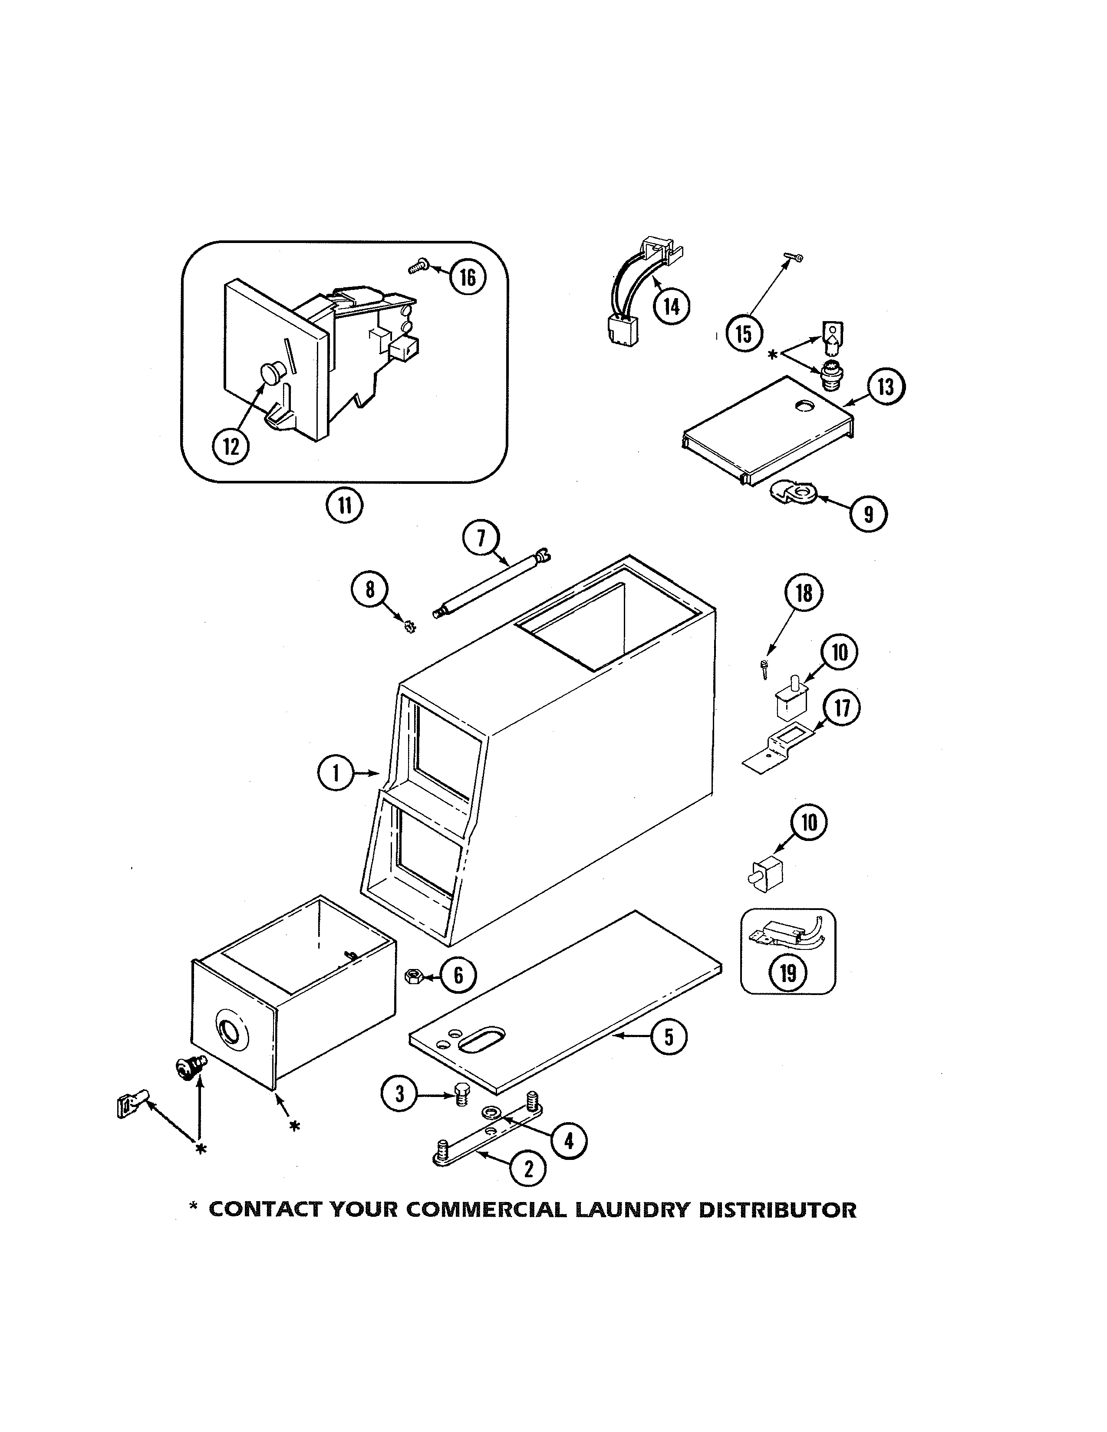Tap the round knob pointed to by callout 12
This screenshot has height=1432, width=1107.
[270, 374]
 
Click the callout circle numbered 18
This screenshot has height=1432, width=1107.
[804, 593]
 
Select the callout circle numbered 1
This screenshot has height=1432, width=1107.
[336, 774]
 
